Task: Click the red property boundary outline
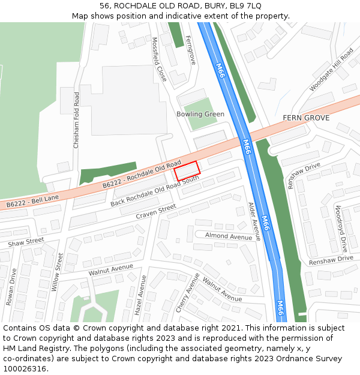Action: tap(187, 170)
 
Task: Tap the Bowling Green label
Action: tap(200, 114)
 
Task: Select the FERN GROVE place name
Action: tap(306, 118)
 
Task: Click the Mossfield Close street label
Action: tap(159, 59)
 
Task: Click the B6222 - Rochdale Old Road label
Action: tap(142, 175)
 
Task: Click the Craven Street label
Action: tap(156, 211)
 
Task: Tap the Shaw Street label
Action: tap(26, 242)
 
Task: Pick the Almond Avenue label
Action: tap(229, 236)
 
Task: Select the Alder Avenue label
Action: tap(254, 221)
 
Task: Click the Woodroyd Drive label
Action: tap(341, 229)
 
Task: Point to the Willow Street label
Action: tap(58, 272)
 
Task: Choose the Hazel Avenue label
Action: tap(140, 296)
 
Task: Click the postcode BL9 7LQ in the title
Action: tap(246, 5)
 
